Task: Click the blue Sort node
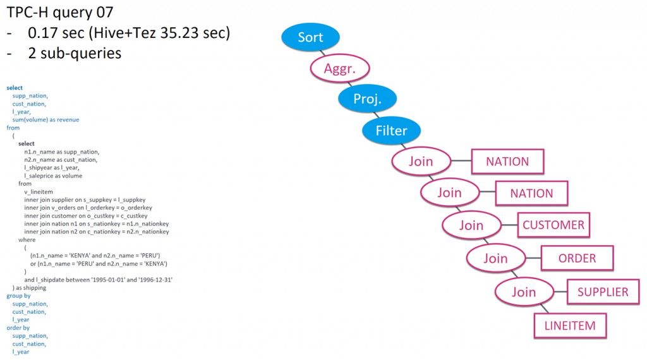tap(310, 37)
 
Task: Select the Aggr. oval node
tap(340, 69)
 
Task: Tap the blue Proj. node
tap(367, 99)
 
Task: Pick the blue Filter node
tap(392, 131)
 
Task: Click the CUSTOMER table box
tap(553, 225)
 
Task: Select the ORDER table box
tap(577, 258)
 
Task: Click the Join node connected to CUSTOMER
tap(471, 225)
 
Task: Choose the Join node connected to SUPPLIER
tap(523, 292)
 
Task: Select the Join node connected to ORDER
tap(495, 258)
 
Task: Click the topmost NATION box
tap(507, 162)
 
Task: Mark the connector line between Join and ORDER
tap(533, 258)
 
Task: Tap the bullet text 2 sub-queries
tap(75, 53)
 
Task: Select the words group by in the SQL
tap(18, 296)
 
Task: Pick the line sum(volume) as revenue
tap(45, 119)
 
